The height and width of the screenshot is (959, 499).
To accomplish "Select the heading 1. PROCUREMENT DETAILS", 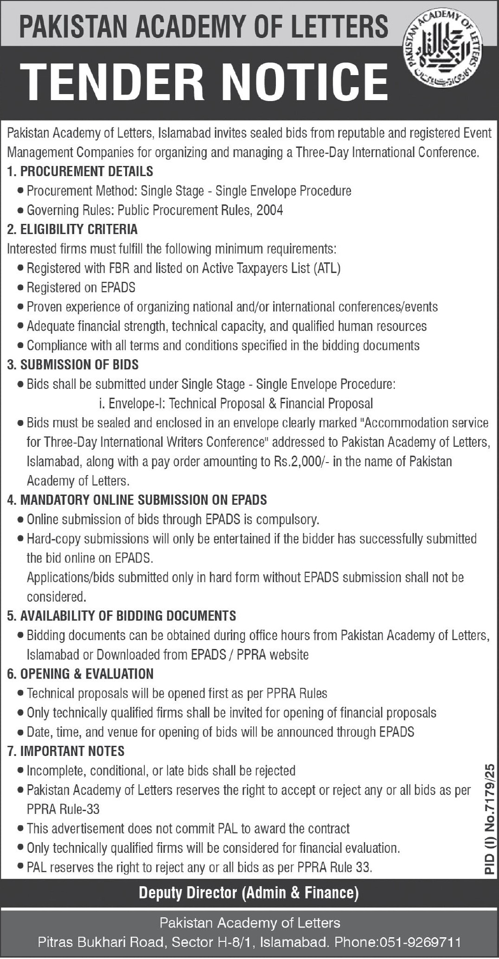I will coord(80,171).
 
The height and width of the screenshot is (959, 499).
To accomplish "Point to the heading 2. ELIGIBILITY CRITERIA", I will coord(72,229).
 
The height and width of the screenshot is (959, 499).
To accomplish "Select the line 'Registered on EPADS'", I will coord(81,288).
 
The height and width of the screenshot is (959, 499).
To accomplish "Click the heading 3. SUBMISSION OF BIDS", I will coord(73,365).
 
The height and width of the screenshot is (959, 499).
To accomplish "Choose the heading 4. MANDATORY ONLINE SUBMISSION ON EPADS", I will coord(137,500).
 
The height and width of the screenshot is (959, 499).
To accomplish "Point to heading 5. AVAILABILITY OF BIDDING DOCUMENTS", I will coord(122,616).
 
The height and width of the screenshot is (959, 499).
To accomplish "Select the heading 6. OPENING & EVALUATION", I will coord(80,674).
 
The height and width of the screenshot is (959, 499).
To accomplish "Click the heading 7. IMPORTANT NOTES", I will coord(66,751).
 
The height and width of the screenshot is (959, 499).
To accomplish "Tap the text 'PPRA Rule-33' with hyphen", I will coord(63,809).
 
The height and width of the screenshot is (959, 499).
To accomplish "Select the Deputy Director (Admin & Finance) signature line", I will coord(249,893).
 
